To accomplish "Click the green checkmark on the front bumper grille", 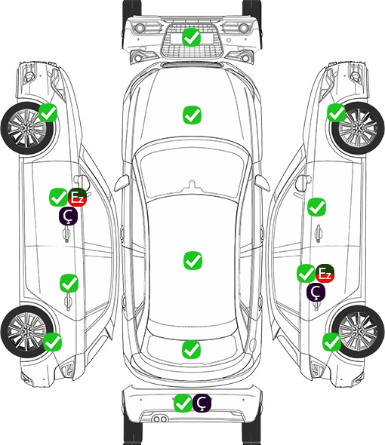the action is pyautogui.click(x=192, y=37).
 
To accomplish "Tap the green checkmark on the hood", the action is pyautogui.click(x=192, y=115).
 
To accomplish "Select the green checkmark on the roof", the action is pyautogui.click(x=192, y=260).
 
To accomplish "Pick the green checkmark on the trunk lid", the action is pyautogui.click(x=191, y=349).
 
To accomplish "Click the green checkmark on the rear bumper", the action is pyautogui.click(x=183, y=403).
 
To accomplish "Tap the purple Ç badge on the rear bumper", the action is pyautogui.click(x=202, y=403).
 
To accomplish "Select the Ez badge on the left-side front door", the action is pyautogui.click(x=77, y=198).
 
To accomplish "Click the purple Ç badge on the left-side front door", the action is pyautogui.click(x=68, y=216).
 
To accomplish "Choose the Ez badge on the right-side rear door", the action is pyautogui.click(x=325, y=274).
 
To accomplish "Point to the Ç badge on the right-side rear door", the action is pyautogui.click(x=316, y=292).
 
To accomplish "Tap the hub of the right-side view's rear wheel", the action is pyautogui.click(x=358, y=331).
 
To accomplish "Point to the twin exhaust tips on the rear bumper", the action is pyautogui.click(x=160, y=419).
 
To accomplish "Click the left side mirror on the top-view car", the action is pyautogui.click(x=122, y=183).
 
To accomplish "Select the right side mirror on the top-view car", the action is pyautogui.click(x=262, y=183).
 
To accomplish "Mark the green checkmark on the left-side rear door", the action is pyautogui.click(x=69, y=283).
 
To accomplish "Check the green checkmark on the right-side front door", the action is pyautogui.click(x=316, y=207).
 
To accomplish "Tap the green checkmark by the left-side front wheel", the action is pyautogui.click(x=48, y=112).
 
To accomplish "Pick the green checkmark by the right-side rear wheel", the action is pyautogui.click(x=331, y=342).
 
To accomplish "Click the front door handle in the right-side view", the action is pyautogui.click(x=318, y=234).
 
